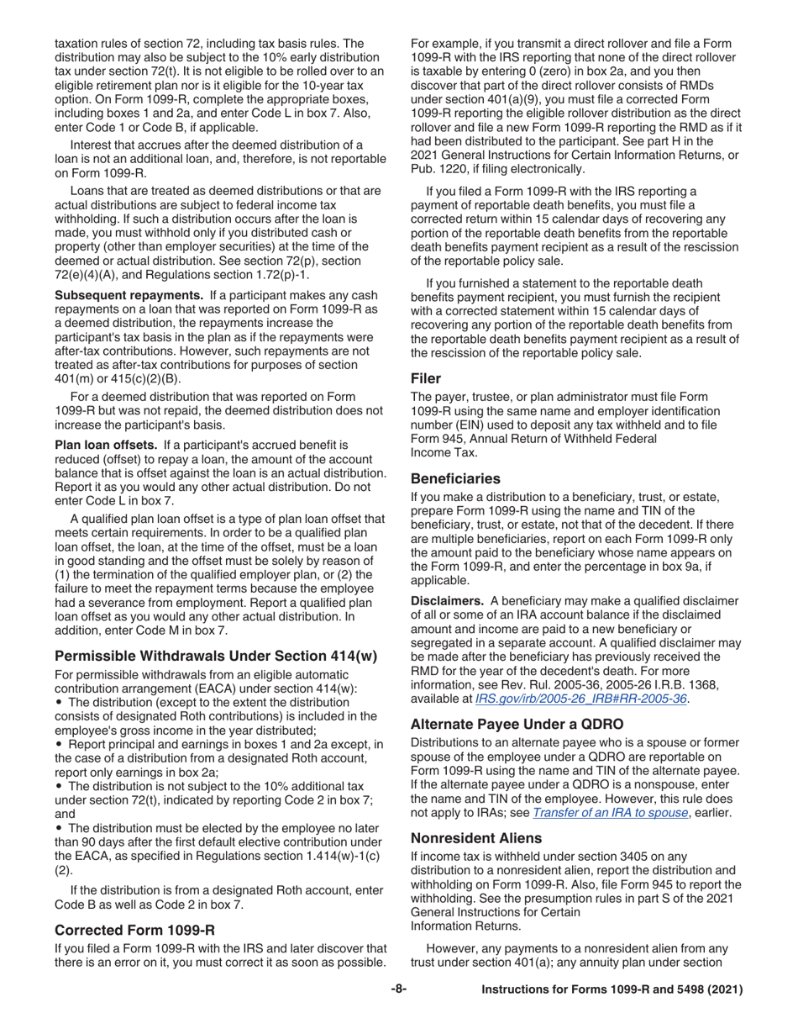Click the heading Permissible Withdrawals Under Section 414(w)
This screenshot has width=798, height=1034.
click(x=216, y=656)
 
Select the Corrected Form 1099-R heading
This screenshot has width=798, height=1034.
click(x=134, y=930)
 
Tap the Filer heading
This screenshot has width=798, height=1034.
click(x=426, y=378)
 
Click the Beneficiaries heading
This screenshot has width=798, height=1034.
click(x=455, y=477)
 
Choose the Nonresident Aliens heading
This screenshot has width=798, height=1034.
click(x=476, y=837)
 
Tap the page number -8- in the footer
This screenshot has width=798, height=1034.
click(x=399, y=989)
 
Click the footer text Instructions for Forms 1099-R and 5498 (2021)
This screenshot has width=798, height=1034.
click(x=612, y=990)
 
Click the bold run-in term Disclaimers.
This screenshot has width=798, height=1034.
click(x=447, y=600)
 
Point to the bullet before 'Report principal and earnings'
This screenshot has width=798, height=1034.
click(x=59, y=745)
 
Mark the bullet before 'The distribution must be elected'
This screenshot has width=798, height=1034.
click(x=59, y=828)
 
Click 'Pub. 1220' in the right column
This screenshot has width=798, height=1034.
click(x=439, y=168)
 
